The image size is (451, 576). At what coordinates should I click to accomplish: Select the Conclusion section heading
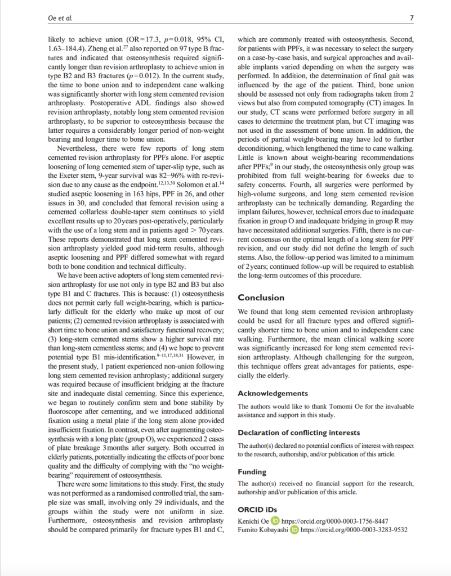click(x=261, y=298)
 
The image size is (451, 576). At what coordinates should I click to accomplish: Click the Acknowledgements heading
click(x=273, y=393)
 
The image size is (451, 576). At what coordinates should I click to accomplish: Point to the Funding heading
click(x=252, y=472)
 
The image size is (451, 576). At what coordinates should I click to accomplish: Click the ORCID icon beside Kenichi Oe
click(x=275, y=521)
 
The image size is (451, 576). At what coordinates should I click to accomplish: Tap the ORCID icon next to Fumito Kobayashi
click(x=294, y=530)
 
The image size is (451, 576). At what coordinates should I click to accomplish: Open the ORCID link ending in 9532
click(x=354, y=530)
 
